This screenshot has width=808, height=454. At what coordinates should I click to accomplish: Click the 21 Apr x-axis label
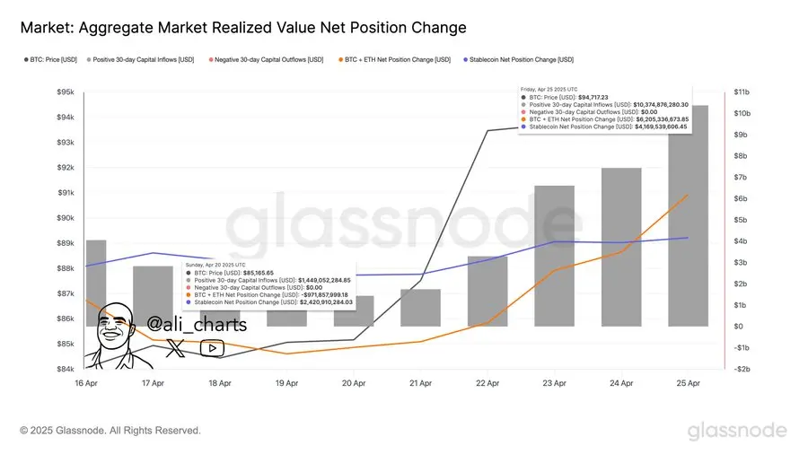point(421,383)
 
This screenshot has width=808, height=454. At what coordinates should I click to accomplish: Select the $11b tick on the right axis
point(743,92)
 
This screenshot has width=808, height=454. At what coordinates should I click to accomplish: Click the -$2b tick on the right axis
point(743,369)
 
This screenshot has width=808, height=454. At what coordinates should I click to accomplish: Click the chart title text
point(243,28)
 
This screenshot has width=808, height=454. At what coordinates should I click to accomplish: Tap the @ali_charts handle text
point(196,324)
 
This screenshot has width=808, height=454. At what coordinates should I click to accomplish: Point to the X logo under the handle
point(176,348)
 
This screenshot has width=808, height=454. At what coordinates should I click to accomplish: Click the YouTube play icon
point(212,348)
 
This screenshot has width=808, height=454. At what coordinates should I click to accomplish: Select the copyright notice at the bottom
point(110,431)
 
